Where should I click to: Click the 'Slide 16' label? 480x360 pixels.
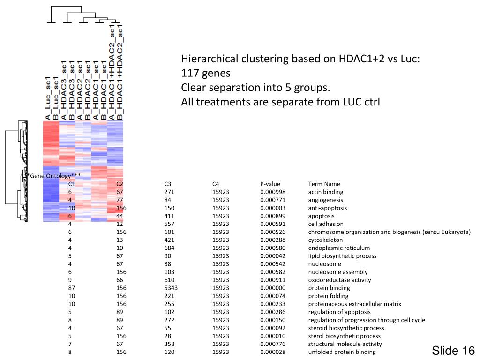pyautogui.click(x=453, y=351)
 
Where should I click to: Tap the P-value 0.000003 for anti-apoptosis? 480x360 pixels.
pyautogui.click(x=273, y=208)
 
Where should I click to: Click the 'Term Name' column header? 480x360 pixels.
pyautogui.click(x=324, y=184)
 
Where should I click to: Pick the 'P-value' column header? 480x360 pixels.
pyautogui.click(x=270, y=184)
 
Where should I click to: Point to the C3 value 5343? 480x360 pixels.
pyautogui.click(x=171, y=288)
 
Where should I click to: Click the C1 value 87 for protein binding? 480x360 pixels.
pyautogui.click(x=72, y=288)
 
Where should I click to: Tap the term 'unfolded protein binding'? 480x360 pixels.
pyautogui.click(x=342, y=352)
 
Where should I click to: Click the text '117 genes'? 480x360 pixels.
pyautogui.click(x=206, y=74)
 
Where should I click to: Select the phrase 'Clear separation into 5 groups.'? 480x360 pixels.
pyautogui.click(x=255, y=88)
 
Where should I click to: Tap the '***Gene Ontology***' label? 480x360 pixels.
pyautogui.click(x=52, y=176)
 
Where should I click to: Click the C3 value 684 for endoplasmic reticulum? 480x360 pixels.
pyautogui.click(x=169, y=248)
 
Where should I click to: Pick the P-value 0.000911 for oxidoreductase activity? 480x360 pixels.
pyautogui.click(x=273, y=280)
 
